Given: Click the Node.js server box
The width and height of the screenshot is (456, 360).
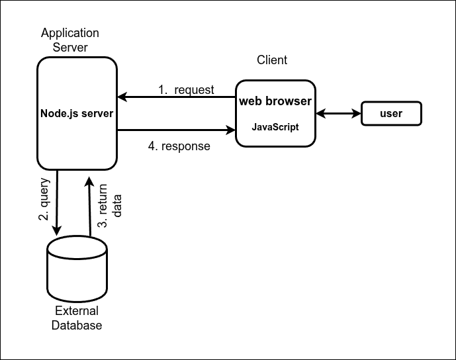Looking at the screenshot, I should tap(77, 139).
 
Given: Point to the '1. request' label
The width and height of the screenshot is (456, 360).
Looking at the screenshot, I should tap(186, 89).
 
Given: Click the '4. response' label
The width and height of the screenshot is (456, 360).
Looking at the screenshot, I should tap(179, 146).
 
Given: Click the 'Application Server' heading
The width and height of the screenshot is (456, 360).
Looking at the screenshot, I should tap(69, 40).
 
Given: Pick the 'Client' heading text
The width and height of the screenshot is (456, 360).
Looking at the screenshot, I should tap(272, 60).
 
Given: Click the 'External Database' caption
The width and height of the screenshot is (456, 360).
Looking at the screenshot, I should tap(77, 318).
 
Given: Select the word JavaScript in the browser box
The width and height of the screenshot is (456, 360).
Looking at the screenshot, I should tap(275, 127).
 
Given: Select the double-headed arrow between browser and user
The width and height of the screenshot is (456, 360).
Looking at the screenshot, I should tap(338, 113).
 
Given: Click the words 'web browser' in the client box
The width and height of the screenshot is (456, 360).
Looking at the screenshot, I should tap(275, 102).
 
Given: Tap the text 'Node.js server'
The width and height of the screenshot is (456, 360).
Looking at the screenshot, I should tap(77, 113).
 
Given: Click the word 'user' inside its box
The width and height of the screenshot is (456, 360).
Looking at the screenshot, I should tap(390, 113).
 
